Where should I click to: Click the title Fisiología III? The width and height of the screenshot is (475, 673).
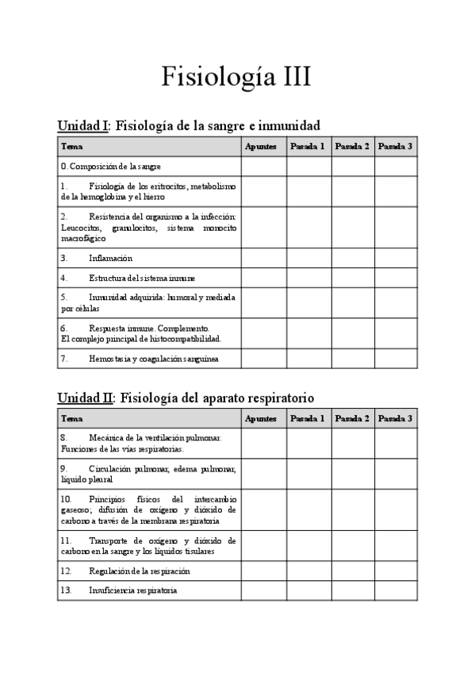tap(237, 77)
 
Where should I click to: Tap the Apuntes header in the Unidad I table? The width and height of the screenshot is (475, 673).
tap(261, 146)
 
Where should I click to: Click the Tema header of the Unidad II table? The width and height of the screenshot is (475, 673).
tap(71, 418)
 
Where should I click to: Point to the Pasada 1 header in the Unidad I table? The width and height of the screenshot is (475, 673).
tap(308, 146)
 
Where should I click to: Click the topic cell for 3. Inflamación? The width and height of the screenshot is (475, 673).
tap(110, 258)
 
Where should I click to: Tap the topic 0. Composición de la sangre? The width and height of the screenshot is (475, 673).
tap(111, 166)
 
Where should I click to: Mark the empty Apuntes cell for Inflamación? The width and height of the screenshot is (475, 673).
tap(263, 258)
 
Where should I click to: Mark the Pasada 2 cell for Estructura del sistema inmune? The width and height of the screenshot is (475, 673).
tap(352, 278)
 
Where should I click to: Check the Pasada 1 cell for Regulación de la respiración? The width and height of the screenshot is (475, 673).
tap(308, 571)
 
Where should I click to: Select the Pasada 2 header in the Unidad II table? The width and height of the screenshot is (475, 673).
tap(352, 418)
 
